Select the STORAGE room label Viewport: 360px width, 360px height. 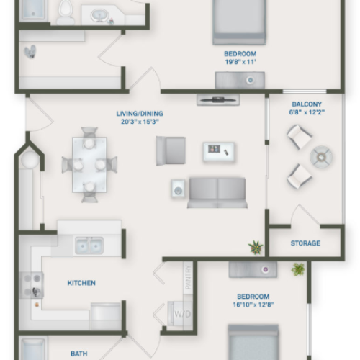point(305,243)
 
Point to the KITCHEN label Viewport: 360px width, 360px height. point(81,283)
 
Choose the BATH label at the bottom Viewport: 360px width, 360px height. point(79,354)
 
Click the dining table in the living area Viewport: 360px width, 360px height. point(89,163)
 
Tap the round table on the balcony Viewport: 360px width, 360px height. point(320,155)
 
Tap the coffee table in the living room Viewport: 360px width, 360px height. point(219,151)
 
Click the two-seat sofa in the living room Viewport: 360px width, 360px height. point(217,192)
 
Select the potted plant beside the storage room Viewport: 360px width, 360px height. point(256,248)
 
